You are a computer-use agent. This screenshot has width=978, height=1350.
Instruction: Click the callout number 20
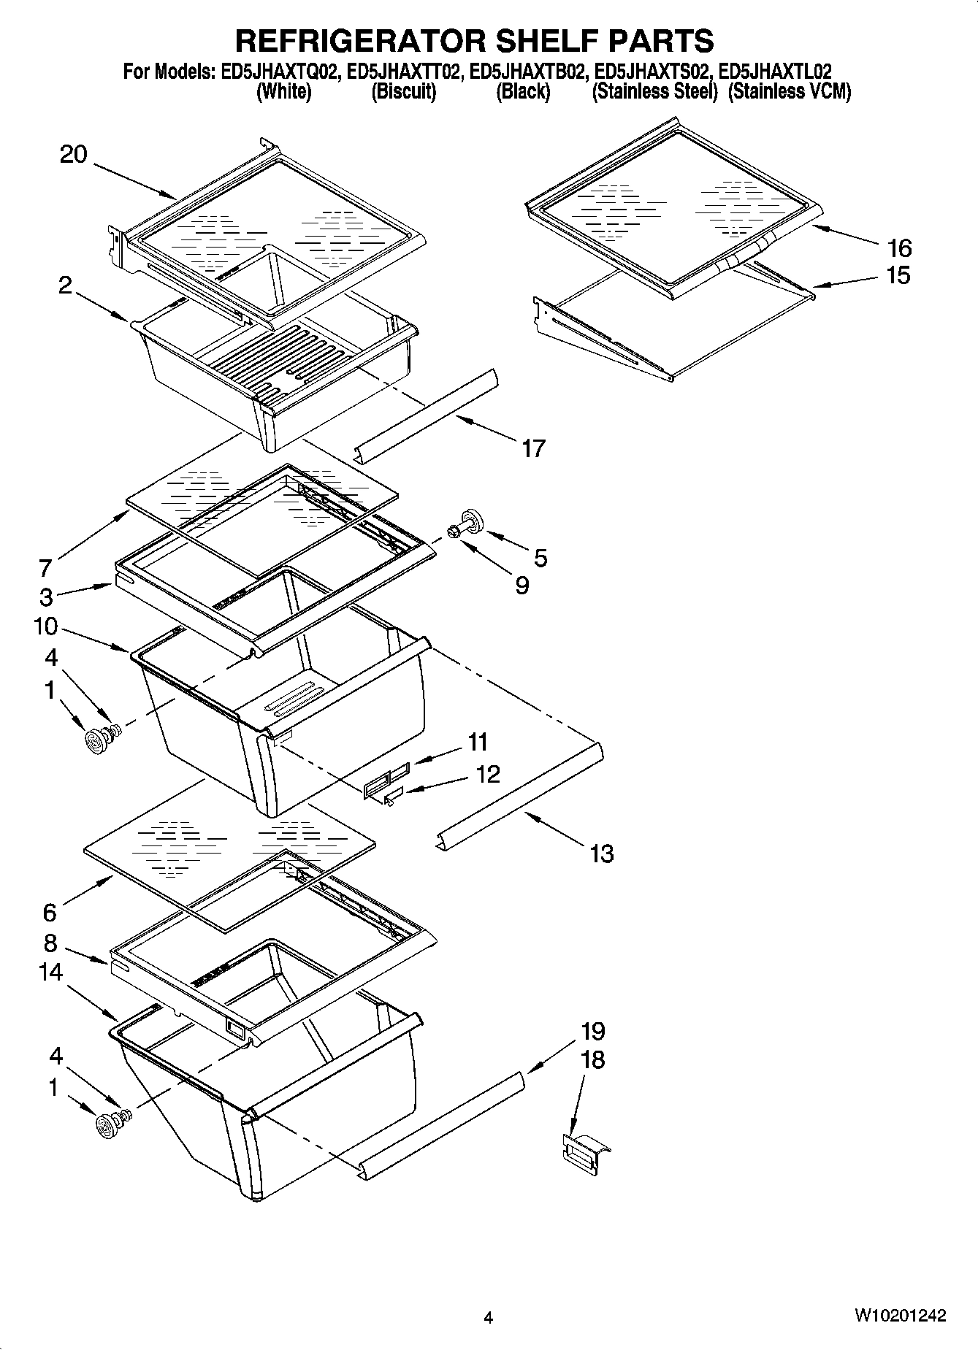pyautogui.click(x=73, y=155)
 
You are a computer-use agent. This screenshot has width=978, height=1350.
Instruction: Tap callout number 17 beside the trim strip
pyautogui.click(x=533, y=448)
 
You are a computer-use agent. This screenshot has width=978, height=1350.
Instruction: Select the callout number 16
pyautogui.click(x=899, y=248)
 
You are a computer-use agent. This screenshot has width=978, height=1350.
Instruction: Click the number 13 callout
pyautogui.click(x=601, y=853)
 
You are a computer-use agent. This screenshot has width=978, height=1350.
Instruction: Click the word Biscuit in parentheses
pyautogui.click(x=403, y=92)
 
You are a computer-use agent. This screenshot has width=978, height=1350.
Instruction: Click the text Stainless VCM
pyautogui.click(x=789, y=92)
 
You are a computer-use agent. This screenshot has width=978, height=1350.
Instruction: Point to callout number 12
pyautogui.click(x=488, y=774)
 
